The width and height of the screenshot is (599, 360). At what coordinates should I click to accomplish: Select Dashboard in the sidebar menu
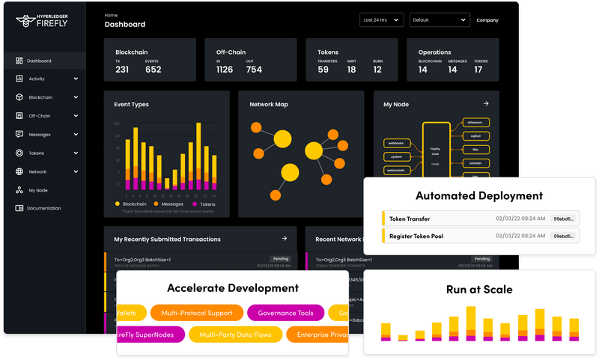click(x=39, y=61)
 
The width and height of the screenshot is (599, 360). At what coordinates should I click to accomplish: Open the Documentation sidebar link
click(x=43, y=208)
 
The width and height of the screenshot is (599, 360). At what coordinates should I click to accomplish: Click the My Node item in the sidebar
click(x=37, y=190)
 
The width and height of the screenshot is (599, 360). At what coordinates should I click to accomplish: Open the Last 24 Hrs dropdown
click(x=381, y=20)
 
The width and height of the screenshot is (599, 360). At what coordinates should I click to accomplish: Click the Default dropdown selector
click(x=440, y=20)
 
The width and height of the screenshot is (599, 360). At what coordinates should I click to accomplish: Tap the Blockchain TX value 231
click(x=122, y=70)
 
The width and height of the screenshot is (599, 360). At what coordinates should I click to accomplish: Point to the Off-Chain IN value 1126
click(x=224, y=70)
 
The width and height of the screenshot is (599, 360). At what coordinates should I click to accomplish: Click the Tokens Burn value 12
click(x=377, y=70)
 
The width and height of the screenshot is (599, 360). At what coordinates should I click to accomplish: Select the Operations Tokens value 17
click(x=478, y=70)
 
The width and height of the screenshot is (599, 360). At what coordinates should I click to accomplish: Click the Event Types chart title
click(x=131, y=105)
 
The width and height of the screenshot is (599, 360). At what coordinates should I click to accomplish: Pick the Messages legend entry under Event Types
click(x=168, y=204)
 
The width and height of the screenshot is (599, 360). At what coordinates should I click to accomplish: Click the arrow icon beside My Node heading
click(x=486, y=104)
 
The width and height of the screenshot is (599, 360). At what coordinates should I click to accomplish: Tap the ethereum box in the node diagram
click(x=475, y=122)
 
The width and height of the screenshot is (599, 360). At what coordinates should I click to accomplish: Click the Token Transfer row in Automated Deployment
click(x=479, y=219)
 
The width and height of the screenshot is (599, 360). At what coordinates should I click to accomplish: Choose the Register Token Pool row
click(x=479, y=237)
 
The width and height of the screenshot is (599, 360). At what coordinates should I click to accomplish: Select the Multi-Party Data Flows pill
click(x=235, y=334)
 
